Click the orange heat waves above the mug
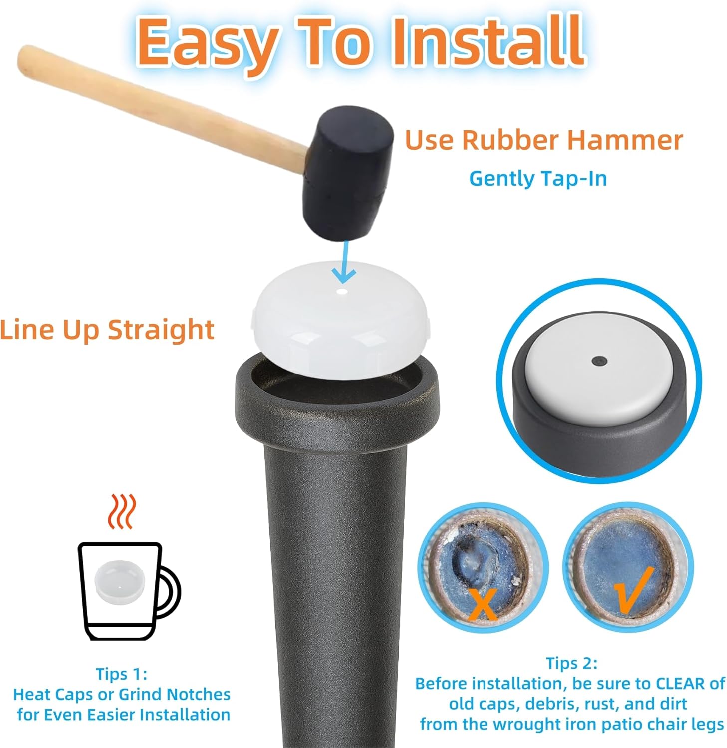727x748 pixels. tap(122, 511)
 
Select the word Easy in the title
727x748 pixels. tap(210, 45)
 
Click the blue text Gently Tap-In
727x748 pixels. tap(538, 179)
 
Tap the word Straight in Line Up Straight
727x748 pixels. tap(161, 330)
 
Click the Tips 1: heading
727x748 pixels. tap(122, 674)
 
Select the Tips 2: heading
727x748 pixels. tap(572, 663)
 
